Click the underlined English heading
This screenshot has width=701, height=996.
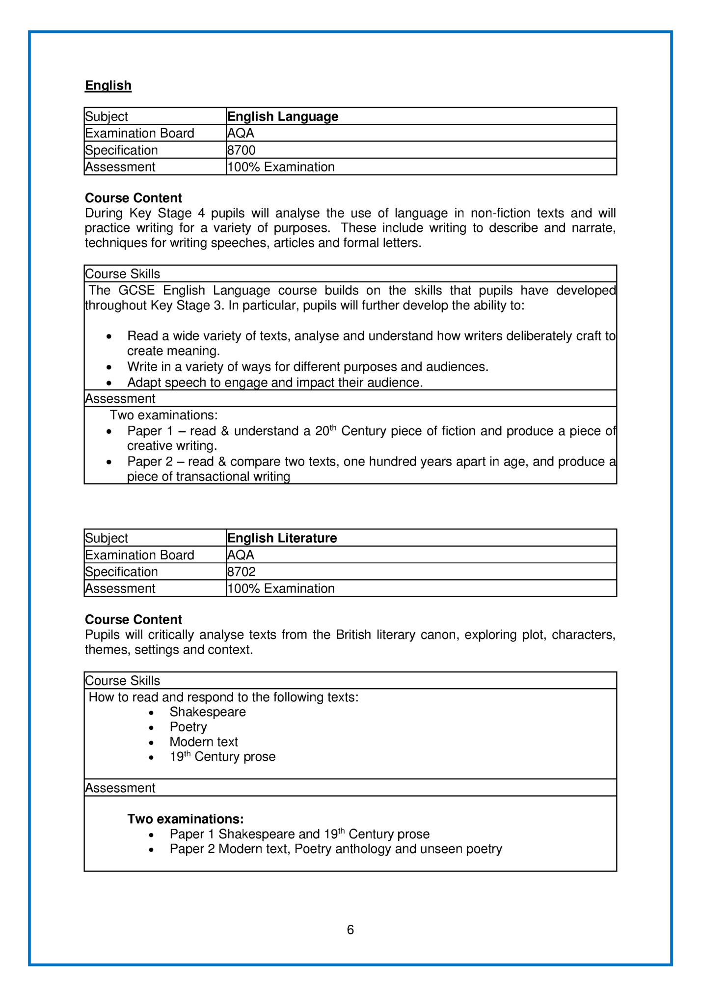pyautogui.click(x=108, y=85)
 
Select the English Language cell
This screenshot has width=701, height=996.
pyautogui.click(x=283, y=116)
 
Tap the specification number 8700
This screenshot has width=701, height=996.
pyautogui.click(x=241, y=150)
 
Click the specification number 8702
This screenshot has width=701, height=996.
pyautogui.click(x=241, y=572)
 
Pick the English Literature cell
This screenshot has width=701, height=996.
pyautogui.click(x=282, y=538)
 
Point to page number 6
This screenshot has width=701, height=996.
pyautogui.click(x=350, y=929)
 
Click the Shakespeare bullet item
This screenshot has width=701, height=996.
pyautogui.click(x=208, y=712)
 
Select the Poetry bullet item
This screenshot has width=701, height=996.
pyautogui.click(x=188, y=727)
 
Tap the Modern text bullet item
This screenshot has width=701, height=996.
pyautogui.click(x=204, y=742)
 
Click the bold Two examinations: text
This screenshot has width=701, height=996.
pyautogui.click(x=186, y=819)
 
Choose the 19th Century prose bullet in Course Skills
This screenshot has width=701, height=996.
pyautogui.click(x=222, y=757)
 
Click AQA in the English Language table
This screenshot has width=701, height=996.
pyautogui.click(x=241, y=133)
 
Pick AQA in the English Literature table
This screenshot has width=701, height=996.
pyautogui.click(x=241, y=555)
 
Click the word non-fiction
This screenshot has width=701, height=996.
pyautogui.click(x=500, y=213)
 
